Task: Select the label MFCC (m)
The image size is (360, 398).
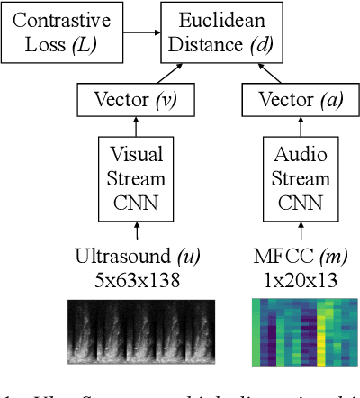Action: (293, 256)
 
